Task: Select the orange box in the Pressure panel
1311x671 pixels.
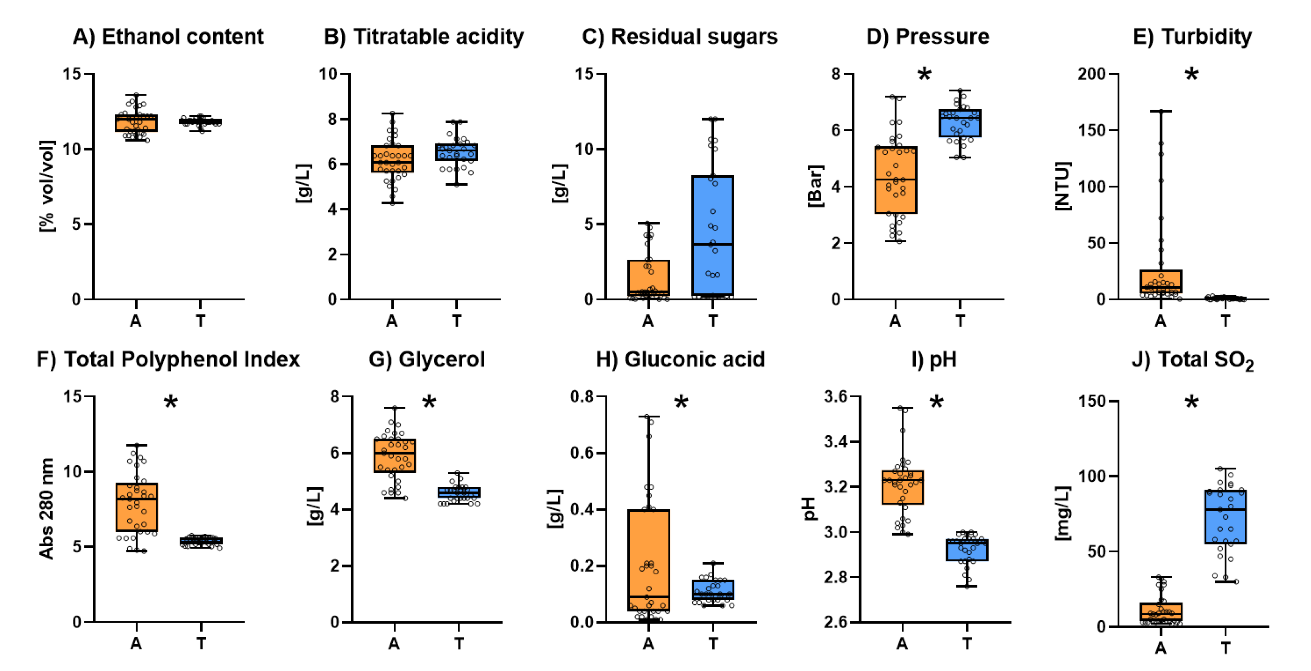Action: point(896,180)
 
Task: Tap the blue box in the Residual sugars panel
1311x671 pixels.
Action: point(712,235)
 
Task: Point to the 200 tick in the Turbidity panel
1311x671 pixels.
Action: point(1092,74)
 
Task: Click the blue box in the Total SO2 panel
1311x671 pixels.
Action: point(1225,516)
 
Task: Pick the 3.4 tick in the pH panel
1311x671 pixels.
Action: point(838,441)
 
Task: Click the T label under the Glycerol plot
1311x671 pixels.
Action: point(459,643)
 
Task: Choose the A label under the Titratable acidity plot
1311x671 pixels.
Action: point(391,321)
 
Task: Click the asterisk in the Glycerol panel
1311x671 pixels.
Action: point(429,403)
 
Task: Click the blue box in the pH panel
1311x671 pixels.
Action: point(967,550)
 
